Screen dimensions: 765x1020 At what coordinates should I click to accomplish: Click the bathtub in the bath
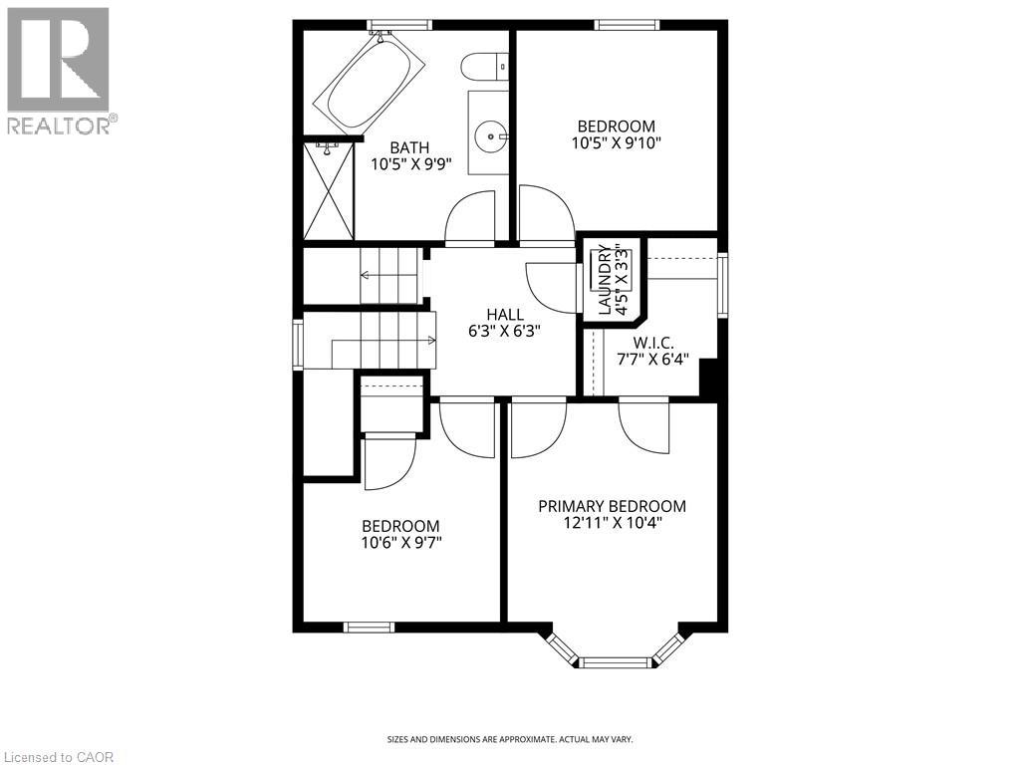coord(370,81)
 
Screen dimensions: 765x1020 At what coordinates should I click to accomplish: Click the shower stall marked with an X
coord(328,189)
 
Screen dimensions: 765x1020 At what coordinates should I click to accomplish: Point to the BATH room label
coord(409,147)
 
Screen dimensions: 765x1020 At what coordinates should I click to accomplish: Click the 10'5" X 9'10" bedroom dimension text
coord(617,142)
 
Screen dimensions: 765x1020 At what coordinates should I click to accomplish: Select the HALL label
coord(505,315)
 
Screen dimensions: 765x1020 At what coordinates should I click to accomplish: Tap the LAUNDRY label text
coord(604,279)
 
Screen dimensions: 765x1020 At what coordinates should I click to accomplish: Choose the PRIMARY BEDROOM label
coord(612,506)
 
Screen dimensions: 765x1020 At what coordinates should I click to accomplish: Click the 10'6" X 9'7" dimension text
coord(400,543)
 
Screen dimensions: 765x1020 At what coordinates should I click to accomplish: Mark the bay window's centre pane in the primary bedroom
coord(615,661)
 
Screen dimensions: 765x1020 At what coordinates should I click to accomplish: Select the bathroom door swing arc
coord(469,216)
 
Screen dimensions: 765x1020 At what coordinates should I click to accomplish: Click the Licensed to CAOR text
coord(58,757)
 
